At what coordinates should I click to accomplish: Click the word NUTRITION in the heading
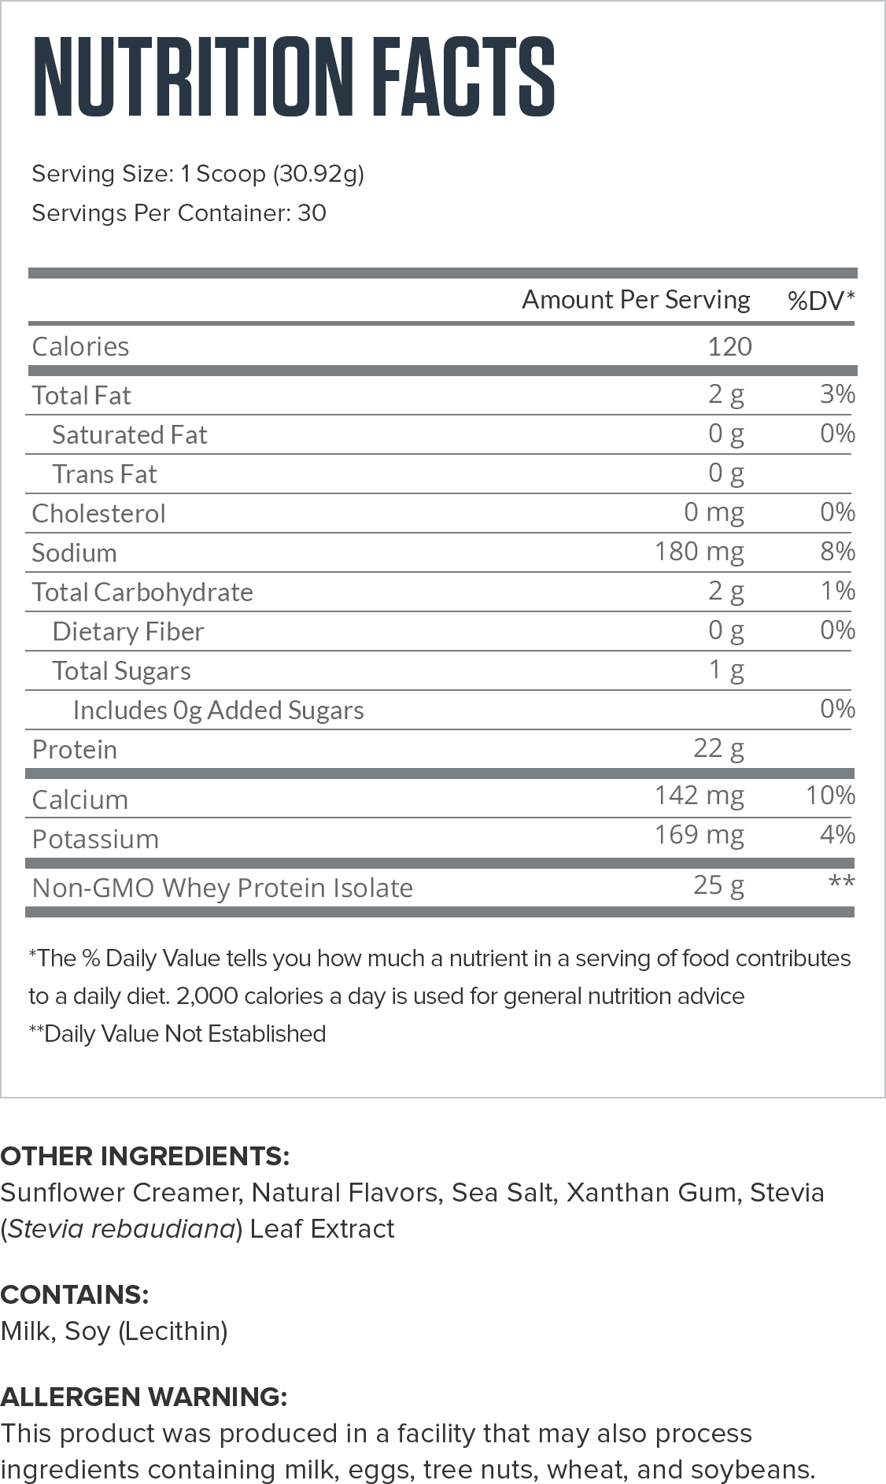193,76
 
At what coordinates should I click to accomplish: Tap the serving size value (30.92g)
319,173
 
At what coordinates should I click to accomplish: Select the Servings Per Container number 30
312,212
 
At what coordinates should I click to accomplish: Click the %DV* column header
821,300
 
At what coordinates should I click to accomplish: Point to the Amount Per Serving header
636,300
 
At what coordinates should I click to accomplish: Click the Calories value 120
729,346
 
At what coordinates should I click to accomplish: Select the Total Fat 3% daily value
837,393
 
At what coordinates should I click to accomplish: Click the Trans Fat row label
105,474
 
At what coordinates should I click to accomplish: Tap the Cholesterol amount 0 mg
714,511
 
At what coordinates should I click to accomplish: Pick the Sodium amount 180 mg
699,551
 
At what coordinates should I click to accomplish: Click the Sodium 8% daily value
837,551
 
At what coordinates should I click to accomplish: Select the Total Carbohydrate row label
142,592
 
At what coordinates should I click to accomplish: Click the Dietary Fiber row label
127,631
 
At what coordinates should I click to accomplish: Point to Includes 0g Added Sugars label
218,710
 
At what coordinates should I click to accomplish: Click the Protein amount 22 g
718,748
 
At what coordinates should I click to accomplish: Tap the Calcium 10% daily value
830,795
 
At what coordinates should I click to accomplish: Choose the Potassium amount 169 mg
699,834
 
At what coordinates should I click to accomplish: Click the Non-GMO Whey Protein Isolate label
223,888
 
